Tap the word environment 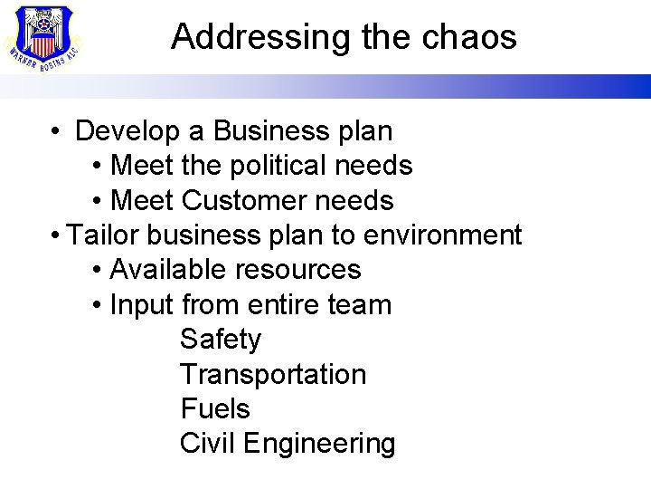point(442,235)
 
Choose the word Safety point(221,340)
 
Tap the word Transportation point(273,374)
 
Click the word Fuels point(215,408)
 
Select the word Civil point(207,443)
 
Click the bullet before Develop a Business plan point(56,132)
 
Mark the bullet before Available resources point(98,270)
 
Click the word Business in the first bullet point(258,132)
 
